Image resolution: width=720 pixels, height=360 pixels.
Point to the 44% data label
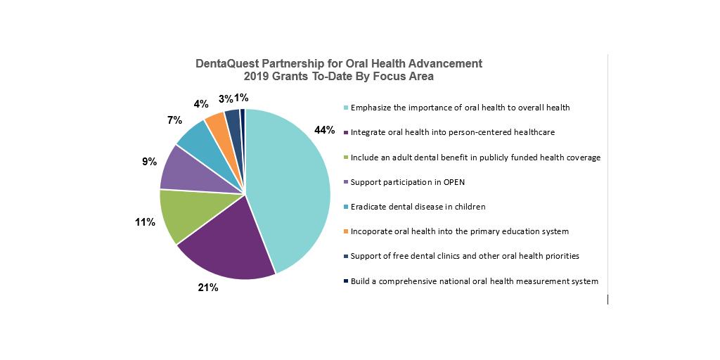(325, 130)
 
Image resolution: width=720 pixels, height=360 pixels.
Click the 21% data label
(207, 288)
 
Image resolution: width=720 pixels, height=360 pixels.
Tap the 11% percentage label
(145, 222)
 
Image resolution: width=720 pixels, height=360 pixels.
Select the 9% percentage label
(149, 162)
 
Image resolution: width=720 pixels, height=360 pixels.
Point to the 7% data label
(174, 120)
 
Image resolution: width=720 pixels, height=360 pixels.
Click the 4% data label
(201, 103)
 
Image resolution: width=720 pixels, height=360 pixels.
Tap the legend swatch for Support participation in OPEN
(346, 182)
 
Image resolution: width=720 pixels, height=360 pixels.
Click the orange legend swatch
(346, 231)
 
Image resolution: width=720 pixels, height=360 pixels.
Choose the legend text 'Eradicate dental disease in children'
(418, 207)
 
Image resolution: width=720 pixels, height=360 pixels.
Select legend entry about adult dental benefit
(476, 157)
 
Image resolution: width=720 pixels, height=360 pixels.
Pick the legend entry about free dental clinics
(465, 256)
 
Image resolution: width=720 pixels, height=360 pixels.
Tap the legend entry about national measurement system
(475, 281)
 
